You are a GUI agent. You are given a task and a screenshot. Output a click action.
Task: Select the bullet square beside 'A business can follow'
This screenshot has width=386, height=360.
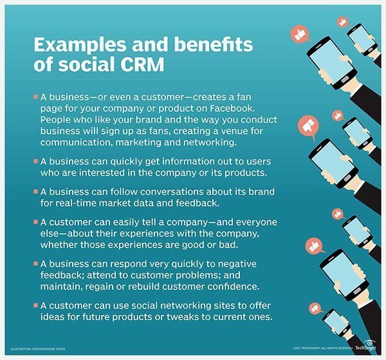point(35,192)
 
